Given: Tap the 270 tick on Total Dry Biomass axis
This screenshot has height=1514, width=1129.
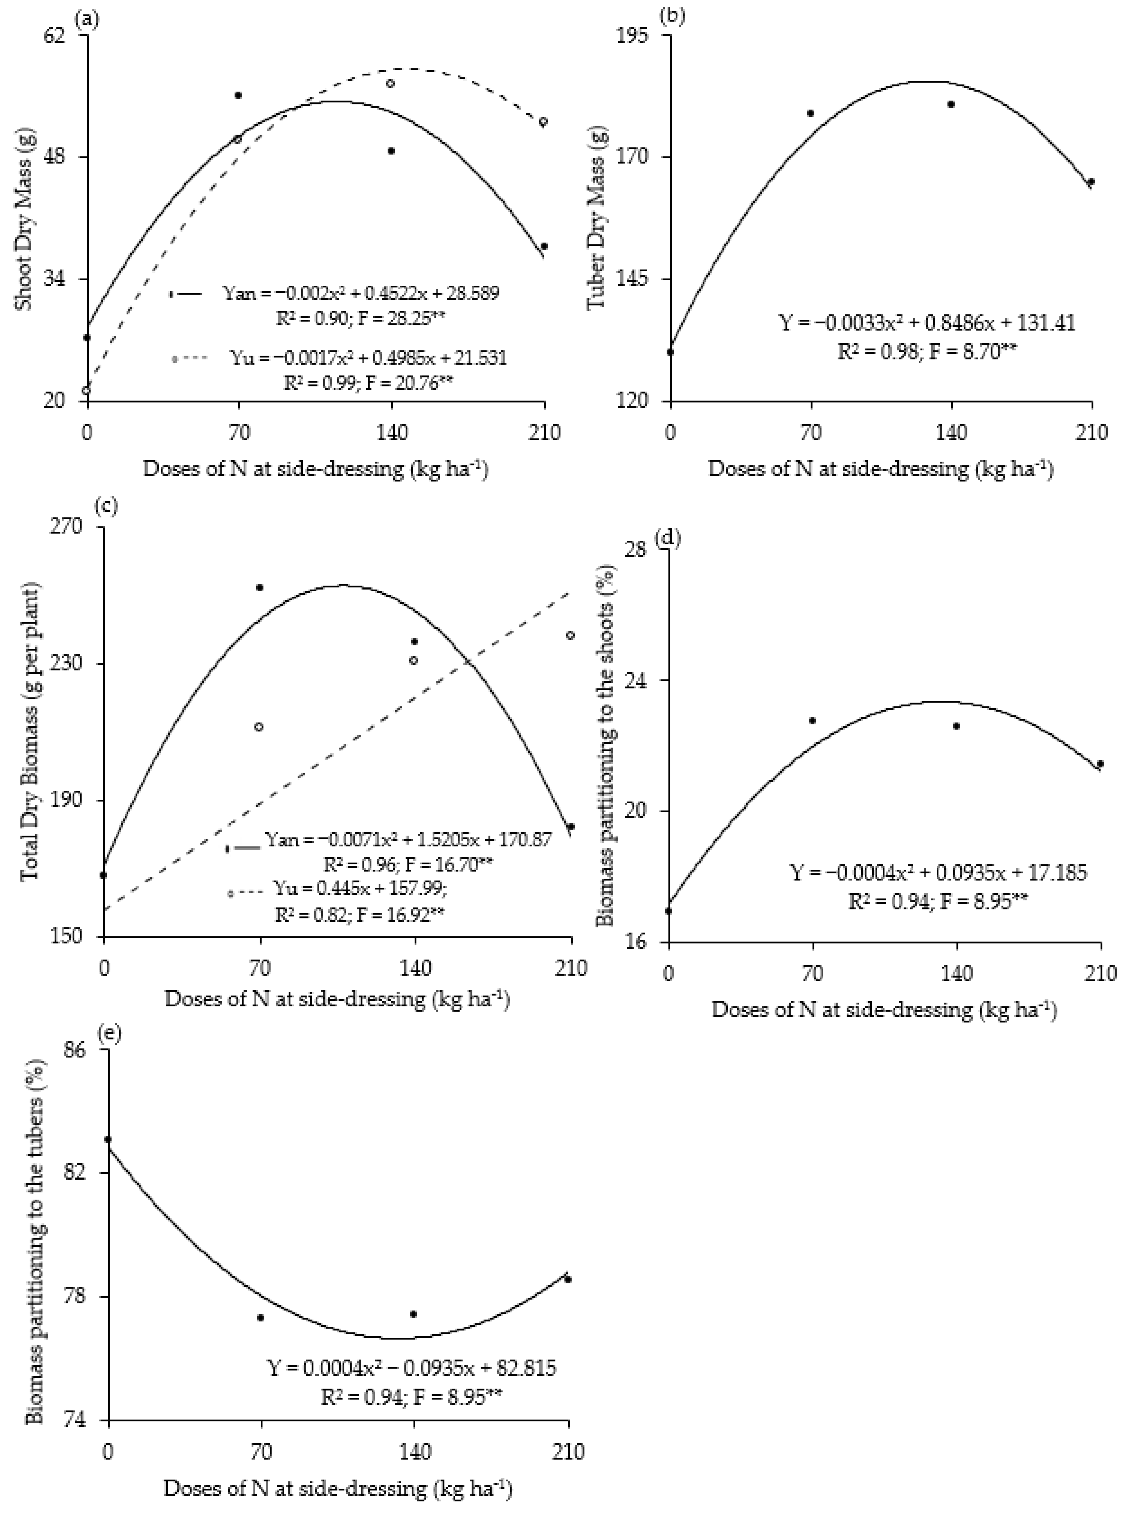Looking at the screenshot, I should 79,526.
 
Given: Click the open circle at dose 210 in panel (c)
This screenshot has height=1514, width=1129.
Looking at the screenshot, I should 570,635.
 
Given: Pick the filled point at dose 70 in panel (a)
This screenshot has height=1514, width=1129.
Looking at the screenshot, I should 238,95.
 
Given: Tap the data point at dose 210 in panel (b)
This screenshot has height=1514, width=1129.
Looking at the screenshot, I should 1091,182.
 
